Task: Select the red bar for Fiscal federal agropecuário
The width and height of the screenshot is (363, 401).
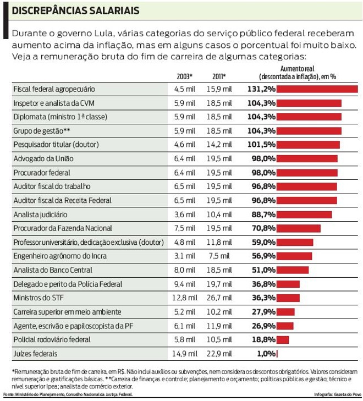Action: click(x=317, y=89)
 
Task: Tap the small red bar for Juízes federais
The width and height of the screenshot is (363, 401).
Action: click(x=278, y=354)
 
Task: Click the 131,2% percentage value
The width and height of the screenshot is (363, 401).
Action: click(x=261, y=89)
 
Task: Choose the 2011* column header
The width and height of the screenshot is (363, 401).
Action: click(x=219, y=76)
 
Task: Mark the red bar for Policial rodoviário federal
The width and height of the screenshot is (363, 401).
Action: click(x=283, y=340)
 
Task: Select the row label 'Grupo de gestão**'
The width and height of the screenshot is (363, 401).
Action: click(x=42, y=131)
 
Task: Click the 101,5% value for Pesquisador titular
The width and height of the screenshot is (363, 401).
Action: click(x=261, y=145)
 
